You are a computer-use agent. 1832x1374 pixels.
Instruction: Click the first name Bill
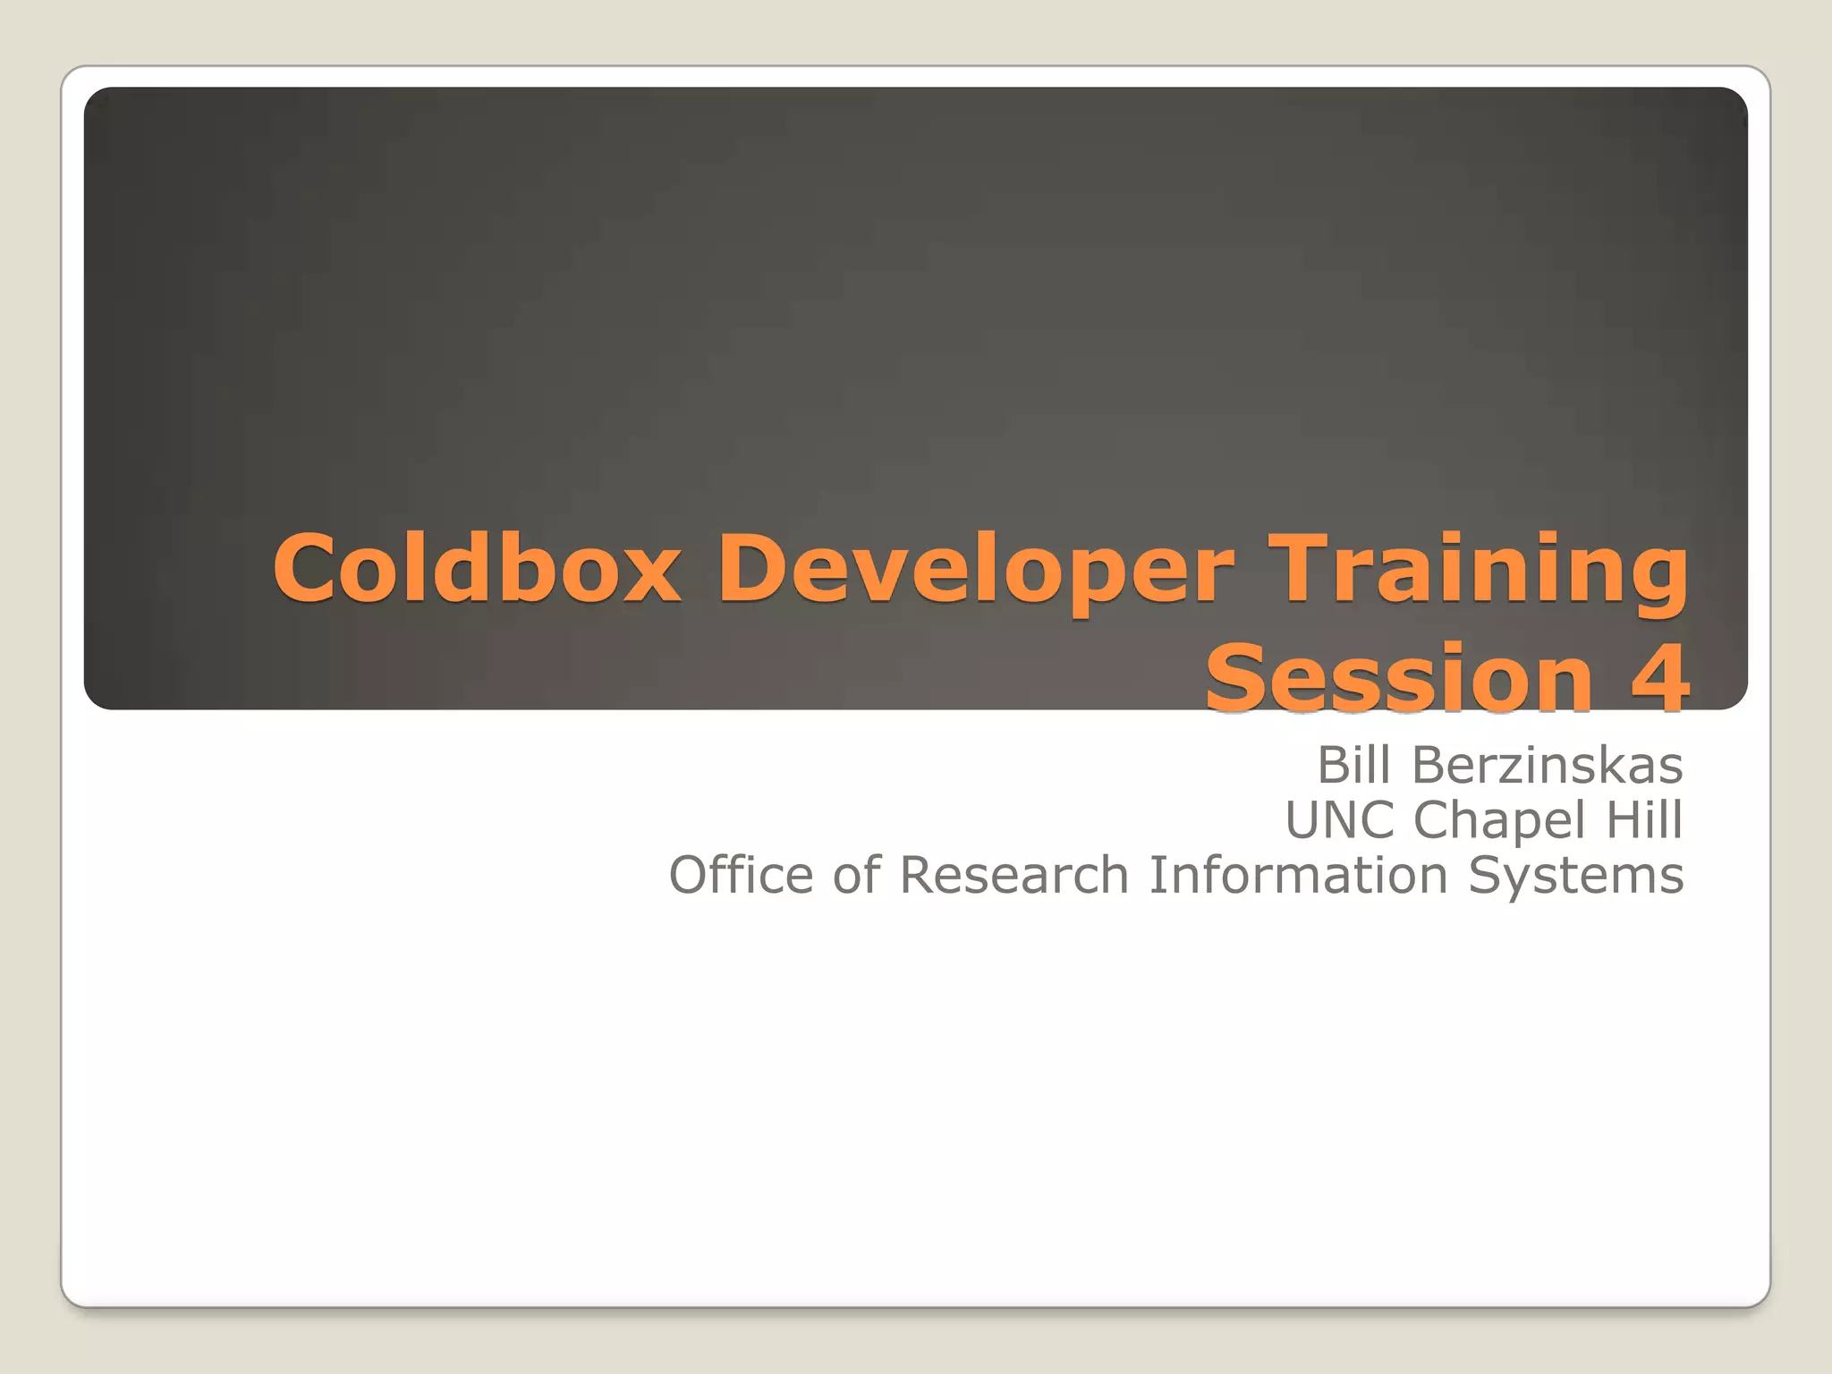point(1353,766)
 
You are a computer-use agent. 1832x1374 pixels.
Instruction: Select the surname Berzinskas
point(1547,766)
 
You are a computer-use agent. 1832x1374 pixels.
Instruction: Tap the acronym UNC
point(1339,820)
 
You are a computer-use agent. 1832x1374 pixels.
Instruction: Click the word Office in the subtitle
point(741,875)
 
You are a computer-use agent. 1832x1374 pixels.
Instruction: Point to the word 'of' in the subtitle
point(856,875)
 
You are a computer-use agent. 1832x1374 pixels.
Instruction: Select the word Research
point(1014,875)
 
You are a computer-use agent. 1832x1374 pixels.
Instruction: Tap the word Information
point(1298,875)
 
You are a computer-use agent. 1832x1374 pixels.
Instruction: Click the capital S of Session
point(1238,678)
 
